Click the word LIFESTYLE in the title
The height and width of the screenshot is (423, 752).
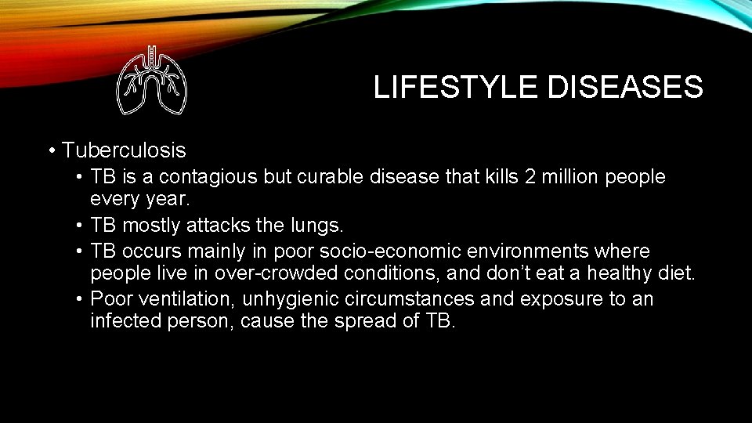456,87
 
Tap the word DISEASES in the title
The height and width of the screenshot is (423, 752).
626,87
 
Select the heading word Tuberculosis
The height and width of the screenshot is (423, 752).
124,150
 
